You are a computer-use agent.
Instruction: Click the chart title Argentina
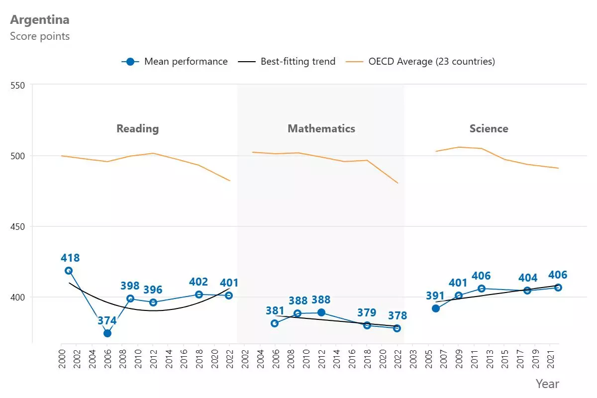(x=40, y=20)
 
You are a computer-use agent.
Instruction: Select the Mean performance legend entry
(x=175, y=62)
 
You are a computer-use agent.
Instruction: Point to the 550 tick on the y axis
(x=17, y=85)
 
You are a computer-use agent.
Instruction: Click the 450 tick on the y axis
(x=17, y=227)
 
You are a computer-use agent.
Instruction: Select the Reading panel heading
(x=137, y=128)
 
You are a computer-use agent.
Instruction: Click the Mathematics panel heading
(x=321, y=128)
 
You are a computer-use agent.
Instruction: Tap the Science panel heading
(x=489, y=128)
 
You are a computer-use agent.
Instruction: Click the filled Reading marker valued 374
(x=107, y=333)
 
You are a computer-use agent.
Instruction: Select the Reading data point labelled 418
(x=69, y=271)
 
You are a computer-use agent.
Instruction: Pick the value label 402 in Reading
(x=199, y=282)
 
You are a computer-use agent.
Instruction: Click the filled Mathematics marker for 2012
(x=321, y=312)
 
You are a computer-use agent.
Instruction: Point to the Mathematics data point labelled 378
(x=397, y=328)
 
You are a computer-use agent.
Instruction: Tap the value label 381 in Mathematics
(x=275, y=311)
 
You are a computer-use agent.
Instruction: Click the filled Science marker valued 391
(x=436, y=308)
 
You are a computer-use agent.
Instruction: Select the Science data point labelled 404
(x=527, y=291)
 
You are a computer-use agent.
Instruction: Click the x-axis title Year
(x=547, y=384)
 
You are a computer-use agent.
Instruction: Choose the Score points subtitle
(x=40, y=36)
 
